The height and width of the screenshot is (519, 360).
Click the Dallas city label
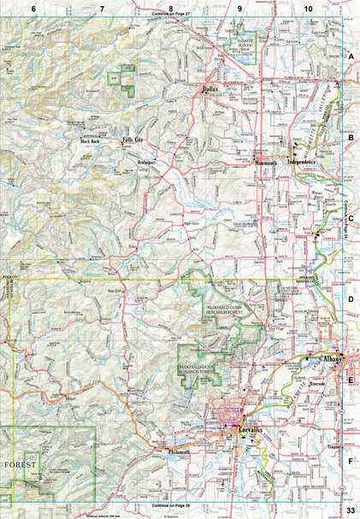point(211,87)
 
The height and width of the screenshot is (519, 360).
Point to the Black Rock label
point(90,141)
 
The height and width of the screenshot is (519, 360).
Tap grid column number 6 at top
point(34,8)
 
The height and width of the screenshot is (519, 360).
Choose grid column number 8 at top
point(170,8)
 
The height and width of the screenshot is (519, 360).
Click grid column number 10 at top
point(308,8)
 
